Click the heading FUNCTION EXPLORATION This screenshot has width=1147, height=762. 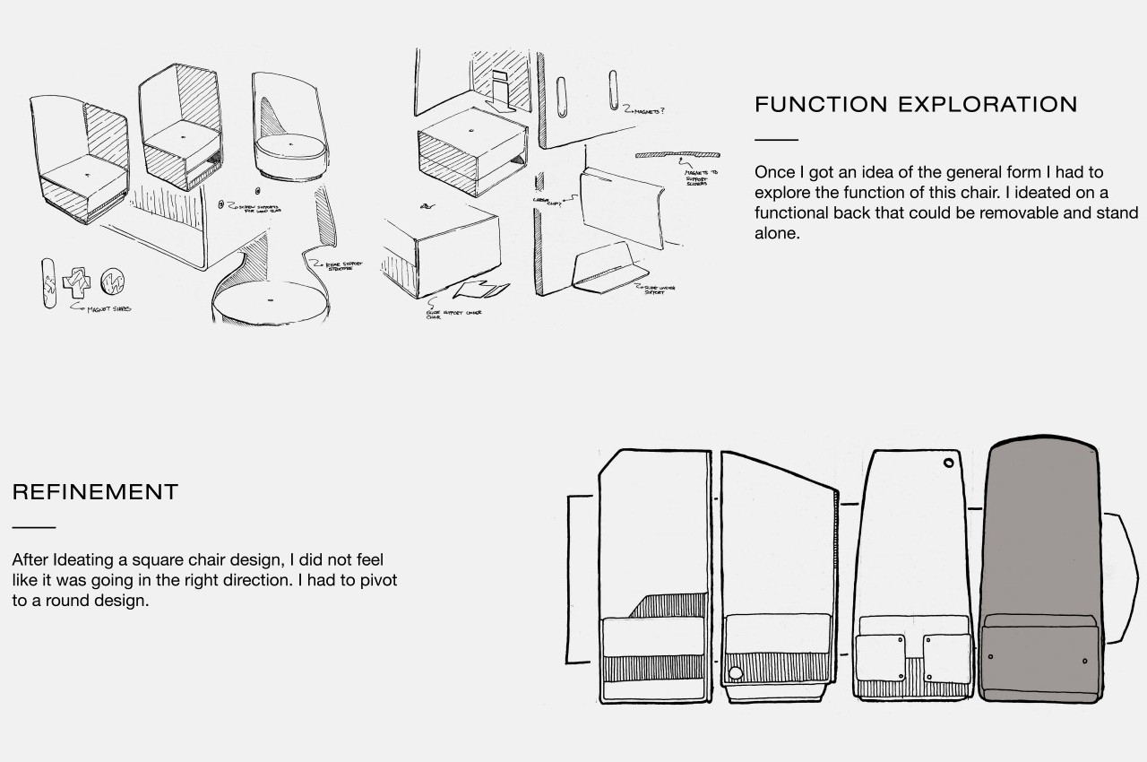(x=915, y=104)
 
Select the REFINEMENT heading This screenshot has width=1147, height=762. (x=95, y=492)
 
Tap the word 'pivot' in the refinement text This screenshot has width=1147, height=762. (x=375, y=580)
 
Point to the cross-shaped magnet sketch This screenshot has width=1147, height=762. (x=77, y=281)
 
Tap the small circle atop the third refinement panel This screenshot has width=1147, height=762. (x=948, y=463)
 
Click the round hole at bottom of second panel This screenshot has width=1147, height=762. (x=736, y=673)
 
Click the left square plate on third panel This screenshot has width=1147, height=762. (x=880, y=657)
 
